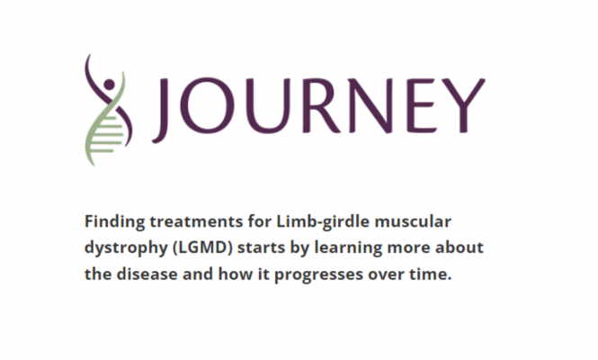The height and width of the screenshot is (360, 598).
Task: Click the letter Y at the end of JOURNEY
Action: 462,105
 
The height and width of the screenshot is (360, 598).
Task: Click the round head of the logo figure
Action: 109,85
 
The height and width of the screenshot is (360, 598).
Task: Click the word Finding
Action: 115,222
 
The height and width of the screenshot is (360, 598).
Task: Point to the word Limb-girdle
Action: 323,222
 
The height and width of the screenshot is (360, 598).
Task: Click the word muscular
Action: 413,221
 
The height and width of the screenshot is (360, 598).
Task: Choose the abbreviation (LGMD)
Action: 202,248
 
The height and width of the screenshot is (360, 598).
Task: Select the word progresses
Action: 319,275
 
